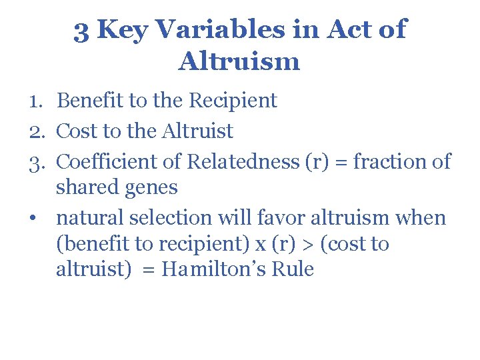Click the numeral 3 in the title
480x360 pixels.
81,30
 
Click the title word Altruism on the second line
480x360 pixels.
239,61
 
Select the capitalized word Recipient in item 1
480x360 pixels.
233,101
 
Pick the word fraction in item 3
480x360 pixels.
380,161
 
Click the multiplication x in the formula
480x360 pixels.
260,245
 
